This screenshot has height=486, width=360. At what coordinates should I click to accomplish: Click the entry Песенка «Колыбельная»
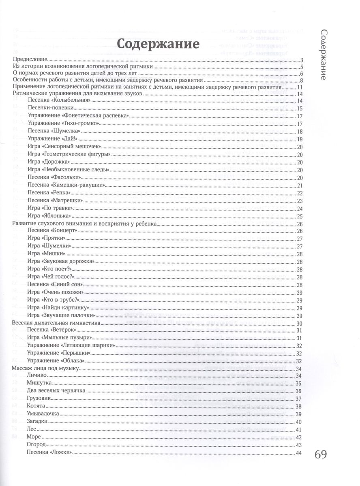tap(58, 101)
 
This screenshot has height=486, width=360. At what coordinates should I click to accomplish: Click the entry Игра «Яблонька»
tap(49, 215)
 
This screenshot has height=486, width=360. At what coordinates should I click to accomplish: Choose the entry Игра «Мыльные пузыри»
tap(58, 338)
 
